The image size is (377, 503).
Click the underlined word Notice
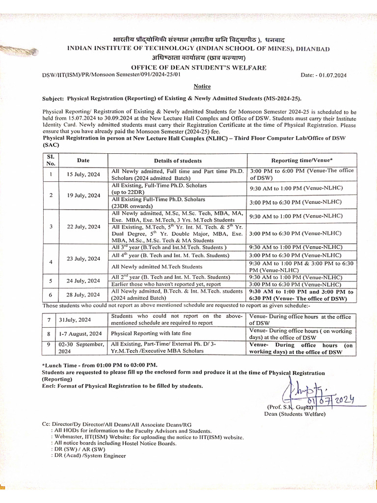(202, 85)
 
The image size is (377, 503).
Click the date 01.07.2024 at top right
(329, 75)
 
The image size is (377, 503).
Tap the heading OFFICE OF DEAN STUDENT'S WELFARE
(199, 67)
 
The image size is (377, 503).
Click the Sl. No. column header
(51, 160)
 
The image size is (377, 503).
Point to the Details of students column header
(177, 161)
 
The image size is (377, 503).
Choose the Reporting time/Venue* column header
(302, 161)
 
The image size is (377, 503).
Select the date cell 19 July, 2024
(83, 195)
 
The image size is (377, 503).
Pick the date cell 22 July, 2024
(83, 226)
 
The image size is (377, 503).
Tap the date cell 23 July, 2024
(83, 258)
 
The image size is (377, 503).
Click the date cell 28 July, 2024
(83, 295)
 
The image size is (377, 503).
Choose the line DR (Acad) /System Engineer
(90, 455)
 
